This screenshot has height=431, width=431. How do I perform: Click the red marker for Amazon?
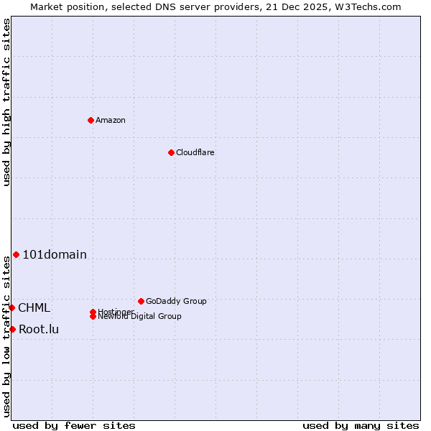point(91,120)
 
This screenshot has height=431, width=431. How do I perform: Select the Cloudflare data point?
point(171,152)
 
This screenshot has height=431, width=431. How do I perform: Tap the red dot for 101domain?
point(16,254)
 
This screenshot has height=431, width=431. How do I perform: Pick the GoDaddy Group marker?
point(141,301)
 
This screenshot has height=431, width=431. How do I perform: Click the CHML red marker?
point(11,307)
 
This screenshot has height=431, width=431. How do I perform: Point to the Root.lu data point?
point(12,329)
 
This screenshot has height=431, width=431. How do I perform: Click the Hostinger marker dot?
point(93,312)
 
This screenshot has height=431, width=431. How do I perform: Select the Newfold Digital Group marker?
point(93,316)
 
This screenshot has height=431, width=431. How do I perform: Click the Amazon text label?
point(111,120)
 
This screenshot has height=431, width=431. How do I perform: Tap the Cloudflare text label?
point(195,152)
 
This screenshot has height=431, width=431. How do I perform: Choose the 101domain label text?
point(55,254)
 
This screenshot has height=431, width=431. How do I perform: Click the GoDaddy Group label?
point(176,301)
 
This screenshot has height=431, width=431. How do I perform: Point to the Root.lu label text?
point(39,329)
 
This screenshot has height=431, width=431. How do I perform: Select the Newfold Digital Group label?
point(139,316)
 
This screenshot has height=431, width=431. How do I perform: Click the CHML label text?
point(34,307)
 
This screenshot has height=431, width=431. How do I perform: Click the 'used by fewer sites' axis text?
point(74,425)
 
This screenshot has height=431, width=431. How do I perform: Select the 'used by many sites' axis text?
point(361,425)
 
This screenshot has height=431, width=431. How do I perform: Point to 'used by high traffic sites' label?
point(6,102)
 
